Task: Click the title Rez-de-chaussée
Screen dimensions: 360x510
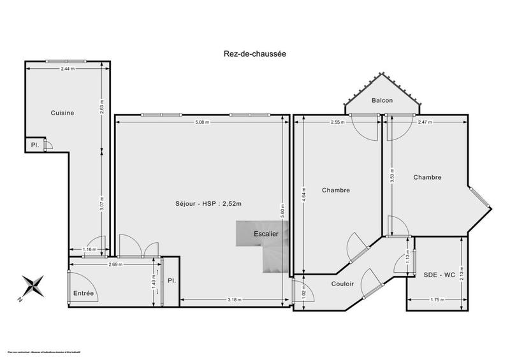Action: [x=255, y=54]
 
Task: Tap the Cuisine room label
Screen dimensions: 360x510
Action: [x=62, y=113]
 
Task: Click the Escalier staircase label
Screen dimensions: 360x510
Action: [x=266, y=234]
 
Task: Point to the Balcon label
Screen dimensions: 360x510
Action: [x=382, y=101]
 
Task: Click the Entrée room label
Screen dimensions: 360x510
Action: [x=84, y=293]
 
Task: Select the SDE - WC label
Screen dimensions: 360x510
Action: [x=439, y=275]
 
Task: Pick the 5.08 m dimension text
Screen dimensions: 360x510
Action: [x=203, y=122]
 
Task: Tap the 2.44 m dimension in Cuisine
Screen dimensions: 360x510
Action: [x=66, y=68]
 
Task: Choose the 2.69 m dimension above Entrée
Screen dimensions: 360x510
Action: [x=115, y=264]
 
